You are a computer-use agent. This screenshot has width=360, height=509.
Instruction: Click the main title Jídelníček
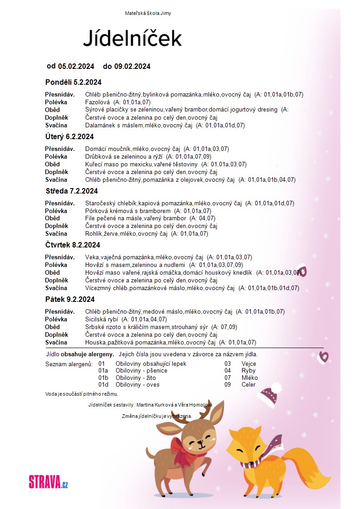click(x=132, y=39)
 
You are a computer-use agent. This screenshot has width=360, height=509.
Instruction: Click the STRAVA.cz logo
click(x=49, y=481)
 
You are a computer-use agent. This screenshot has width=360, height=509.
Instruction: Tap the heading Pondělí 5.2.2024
click(x=73, y=82)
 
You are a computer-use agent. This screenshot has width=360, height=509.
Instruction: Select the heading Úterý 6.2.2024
click(x=69, y=136)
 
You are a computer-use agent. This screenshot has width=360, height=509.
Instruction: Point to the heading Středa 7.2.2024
click(x=72, y=191)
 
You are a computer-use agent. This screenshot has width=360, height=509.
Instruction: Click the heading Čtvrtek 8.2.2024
click(x=73, y=245)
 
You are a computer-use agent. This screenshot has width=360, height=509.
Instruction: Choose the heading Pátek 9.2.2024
click(x=70, y=299)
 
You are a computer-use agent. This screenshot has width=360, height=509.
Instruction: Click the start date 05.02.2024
click(x=76, y=66)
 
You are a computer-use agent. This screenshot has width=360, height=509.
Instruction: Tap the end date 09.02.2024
click(x=132, y=66)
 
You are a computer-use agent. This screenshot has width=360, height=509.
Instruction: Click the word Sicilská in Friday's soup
click(x=96, y=319)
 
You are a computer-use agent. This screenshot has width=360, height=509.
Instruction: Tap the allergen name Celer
click(x=248, y=384)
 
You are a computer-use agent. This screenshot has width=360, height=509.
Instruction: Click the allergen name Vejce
click(x=249, y=364)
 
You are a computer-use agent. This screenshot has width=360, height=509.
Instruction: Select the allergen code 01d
click(x=103, y=384)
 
